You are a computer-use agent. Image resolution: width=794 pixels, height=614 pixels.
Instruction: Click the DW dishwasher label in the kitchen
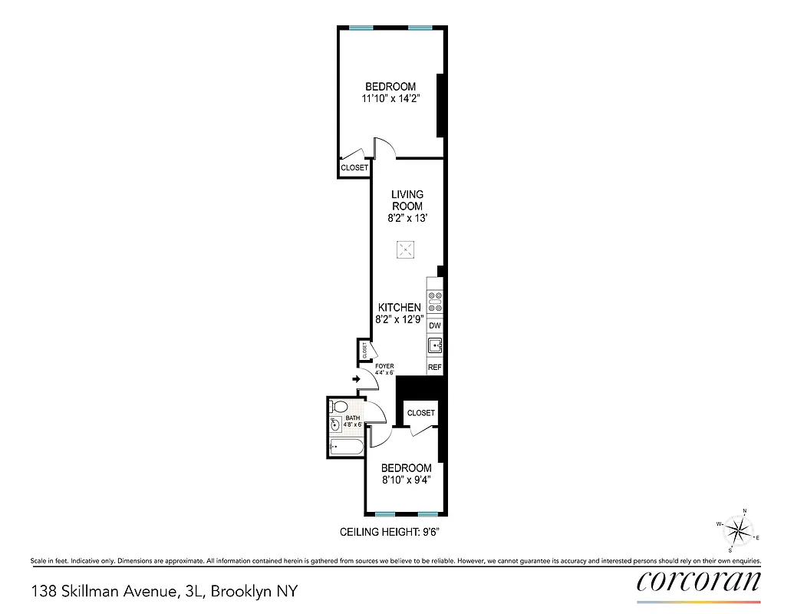(x=435, y=326)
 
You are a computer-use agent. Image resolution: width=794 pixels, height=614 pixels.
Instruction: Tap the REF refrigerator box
(x=435, y=368)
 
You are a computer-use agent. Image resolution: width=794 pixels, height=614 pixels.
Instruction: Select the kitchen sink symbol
(x=435, y=346)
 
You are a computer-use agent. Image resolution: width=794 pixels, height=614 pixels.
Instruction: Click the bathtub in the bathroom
(x=346, y=447)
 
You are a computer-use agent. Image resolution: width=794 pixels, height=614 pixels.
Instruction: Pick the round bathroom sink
(x=335, y=424)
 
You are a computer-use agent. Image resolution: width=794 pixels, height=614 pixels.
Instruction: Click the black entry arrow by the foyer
(x=357, y=378)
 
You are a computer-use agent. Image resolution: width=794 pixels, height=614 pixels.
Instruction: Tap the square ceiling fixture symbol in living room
(x=405, y=249)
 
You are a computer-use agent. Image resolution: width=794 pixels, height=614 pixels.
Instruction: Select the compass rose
(x=739, y=530)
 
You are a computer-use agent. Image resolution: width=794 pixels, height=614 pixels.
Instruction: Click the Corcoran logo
(x=699, y=582)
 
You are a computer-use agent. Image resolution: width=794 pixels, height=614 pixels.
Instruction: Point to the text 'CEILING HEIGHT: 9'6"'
(x=389, y=532)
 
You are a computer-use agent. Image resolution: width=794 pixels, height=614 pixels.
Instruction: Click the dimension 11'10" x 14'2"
(x=390, y=98)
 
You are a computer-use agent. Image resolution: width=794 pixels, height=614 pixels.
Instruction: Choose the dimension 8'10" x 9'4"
(x=406, y=480)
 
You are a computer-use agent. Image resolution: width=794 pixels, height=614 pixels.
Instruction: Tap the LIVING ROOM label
(x=407, y=200)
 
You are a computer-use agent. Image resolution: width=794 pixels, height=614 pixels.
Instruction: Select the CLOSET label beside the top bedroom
(x=354, y=167)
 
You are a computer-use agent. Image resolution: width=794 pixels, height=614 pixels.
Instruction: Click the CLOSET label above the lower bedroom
(x=421, y=413)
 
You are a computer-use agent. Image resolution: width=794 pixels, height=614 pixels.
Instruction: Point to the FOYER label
(x=384, y=366)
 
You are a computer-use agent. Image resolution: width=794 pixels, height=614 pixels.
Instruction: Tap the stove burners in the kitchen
(x=435, y=302)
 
